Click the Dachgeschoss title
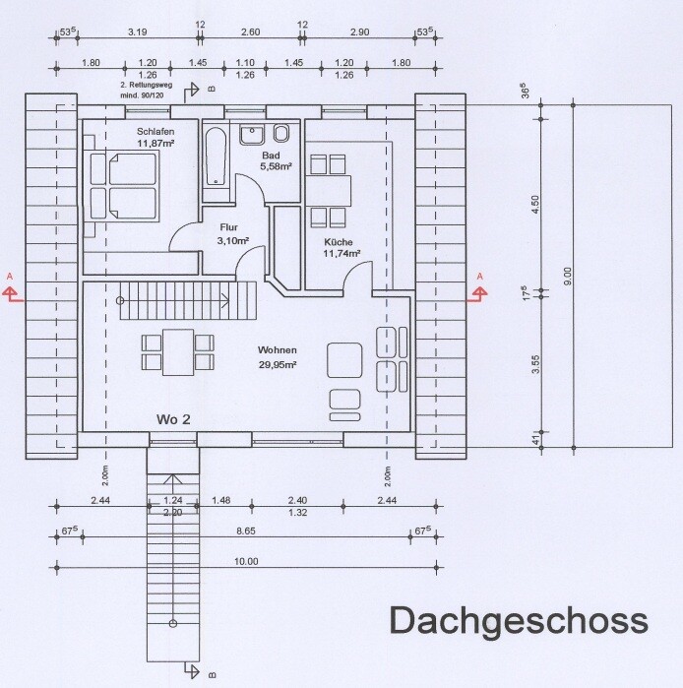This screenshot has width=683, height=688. tap(519, 621)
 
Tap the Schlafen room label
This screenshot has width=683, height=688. tap(156, 131)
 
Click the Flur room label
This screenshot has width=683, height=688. tap(229, 227)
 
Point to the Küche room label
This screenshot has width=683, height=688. tap(338, 242)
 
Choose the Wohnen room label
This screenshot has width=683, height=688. tap(278, 350)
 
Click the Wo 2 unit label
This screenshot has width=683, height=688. tap(173, 418)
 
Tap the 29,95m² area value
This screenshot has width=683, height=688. tap(278, 364)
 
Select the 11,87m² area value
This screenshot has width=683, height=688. tap(156, 143)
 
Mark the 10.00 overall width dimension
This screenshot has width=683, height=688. tap(245, 561)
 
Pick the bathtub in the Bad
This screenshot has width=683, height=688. tap(217, 156)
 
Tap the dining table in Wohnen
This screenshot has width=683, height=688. tap(178, 351)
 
